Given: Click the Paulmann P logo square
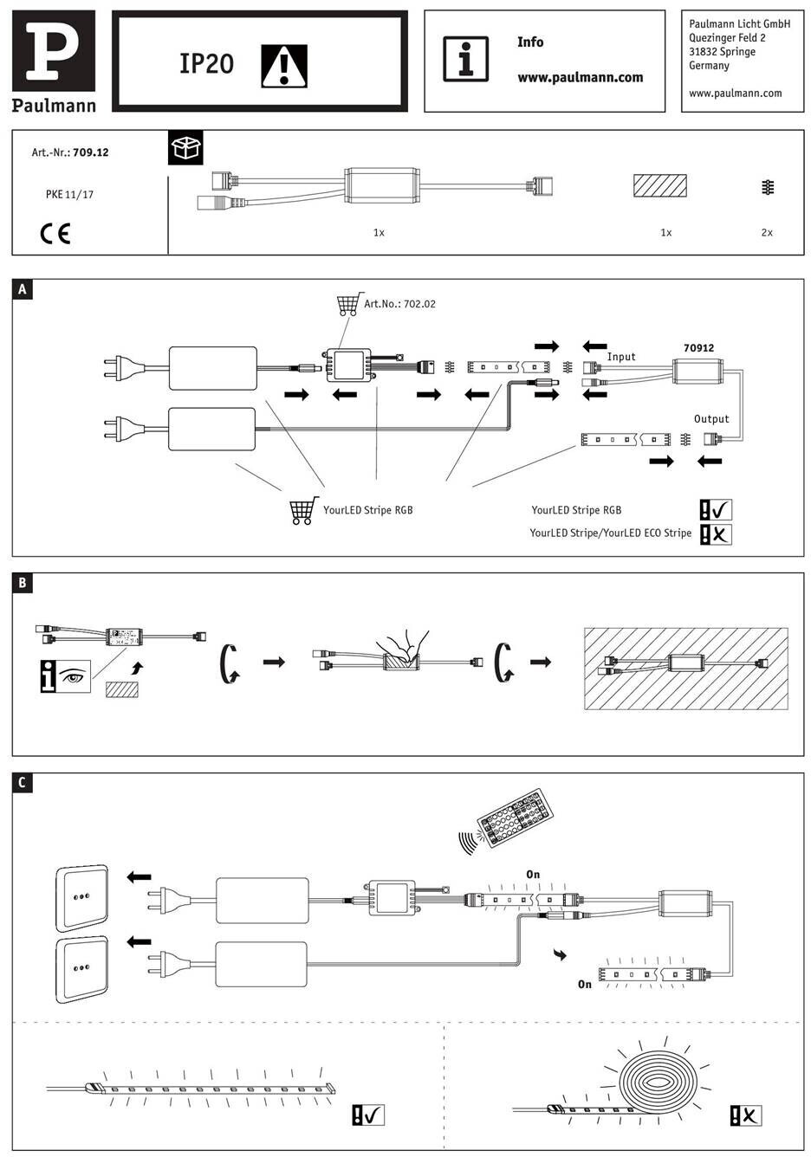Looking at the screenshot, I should tap(54, 51).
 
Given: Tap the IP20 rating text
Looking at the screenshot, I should tap(206, 63).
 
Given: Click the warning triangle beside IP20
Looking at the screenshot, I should tap(284, 65).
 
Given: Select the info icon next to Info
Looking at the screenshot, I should tap(465, 59).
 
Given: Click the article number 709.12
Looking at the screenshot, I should tap(91, 152).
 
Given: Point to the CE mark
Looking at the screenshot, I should tap(55, 233).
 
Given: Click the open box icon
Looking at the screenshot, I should tap(185, 148).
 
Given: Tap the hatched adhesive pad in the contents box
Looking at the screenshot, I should tap(659, 187).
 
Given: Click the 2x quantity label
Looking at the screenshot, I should tap(766, 232).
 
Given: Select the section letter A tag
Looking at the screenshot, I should tap(23, 289).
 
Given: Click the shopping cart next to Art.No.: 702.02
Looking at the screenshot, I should tap(347, 304).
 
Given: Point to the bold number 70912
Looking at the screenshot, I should tap(698, 348).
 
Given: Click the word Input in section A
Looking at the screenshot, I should tap(621, 357).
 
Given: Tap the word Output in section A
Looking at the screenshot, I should tap(711, 418).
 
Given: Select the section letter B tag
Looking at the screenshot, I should tap(23, 583).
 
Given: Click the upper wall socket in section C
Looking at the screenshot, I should tap(82, 896).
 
